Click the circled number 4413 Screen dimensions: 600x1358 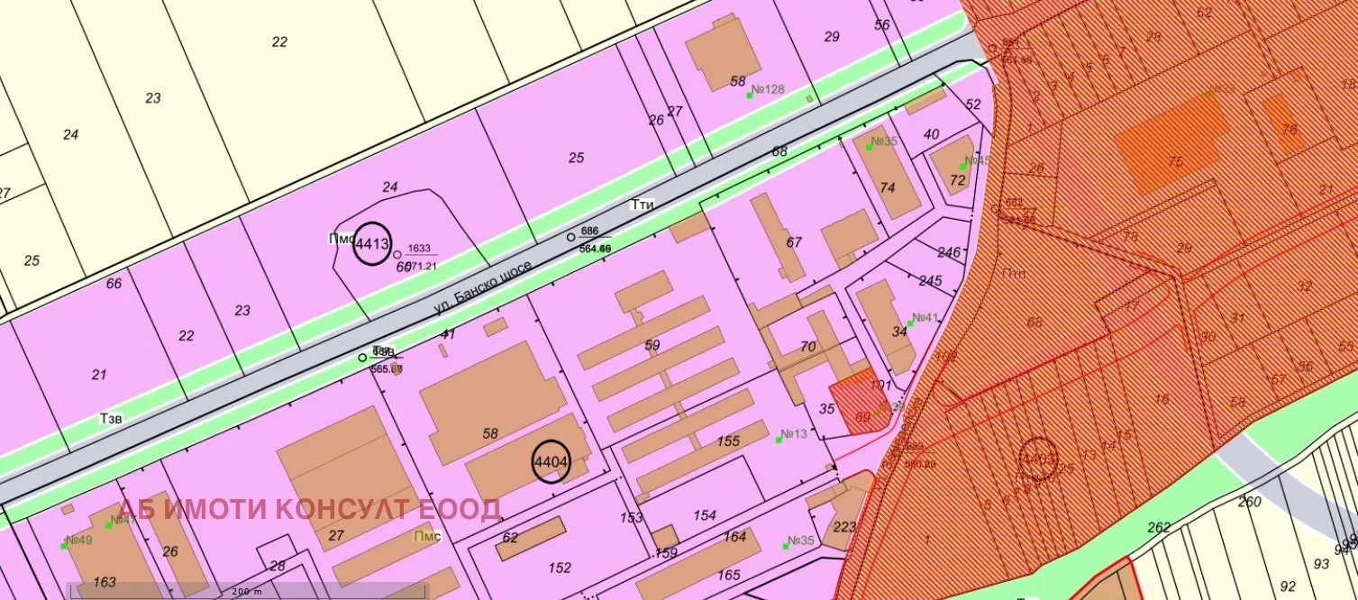(x=371, y=243)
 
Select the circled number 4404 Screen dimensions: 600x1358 (x=551, y=463)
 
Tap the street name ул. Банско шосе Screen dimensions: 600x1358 (x=483, y=287)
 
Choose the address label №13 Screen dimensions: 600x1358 (x=793, y=435)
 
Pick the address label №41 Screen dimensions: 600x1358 (x=925, y=318)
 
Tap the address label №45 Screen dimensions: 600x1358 (x=977, y=161)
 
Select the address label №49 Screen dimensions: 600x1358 (x=79, y=541)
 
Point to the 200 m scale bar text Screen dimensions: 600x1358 (x=245, y=592)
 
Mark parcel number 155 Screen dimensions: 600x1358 (x=728, y=441)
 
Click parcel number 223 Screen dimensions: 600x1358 (x=845, y=527)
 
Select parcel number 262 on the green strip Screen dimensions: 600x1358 (x=1159, y=528)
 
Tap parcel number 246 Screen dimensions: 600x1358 (x=950, y=252)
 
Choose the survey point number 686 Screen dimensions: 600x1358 (x=590, y=232)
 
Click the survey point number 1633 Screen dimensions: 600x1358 (x=420, y=249)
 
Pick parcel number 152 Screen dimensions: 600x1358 (x=560, y=568)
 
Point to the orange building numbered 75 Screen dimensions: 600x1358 (x=1174, y=162)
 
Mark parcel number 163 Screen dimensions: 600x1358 (x=105, y=582)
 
